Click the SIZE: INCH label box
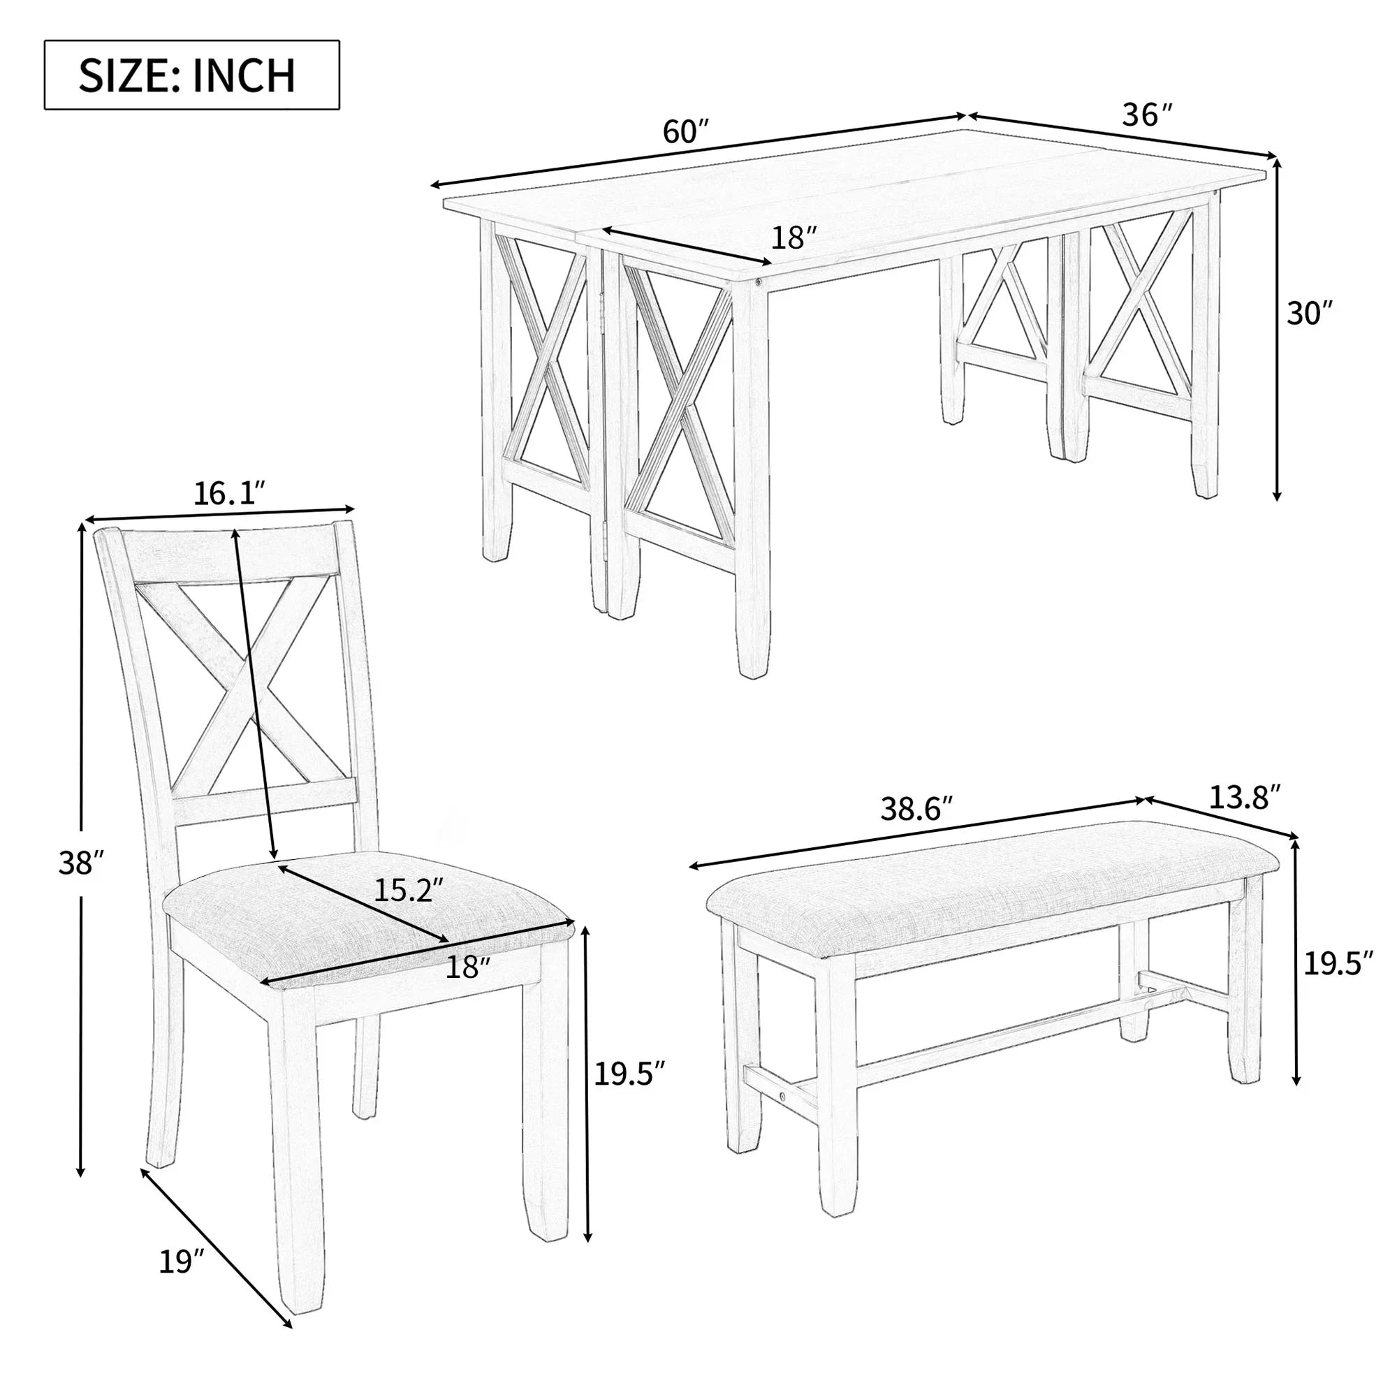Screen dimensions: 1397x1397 click(191, 75)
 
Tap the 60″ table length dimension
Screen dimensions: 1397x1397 click(684, 132)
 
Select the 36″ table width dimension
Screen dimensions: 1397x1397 click(1146, 115)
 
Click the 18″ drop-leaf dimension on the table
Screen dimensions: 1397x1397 click(793, 237)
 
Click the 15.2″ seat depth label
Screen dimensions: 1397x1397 click(402, 888)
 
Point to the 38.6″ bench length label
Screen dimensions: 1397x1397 click(916, 809)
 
